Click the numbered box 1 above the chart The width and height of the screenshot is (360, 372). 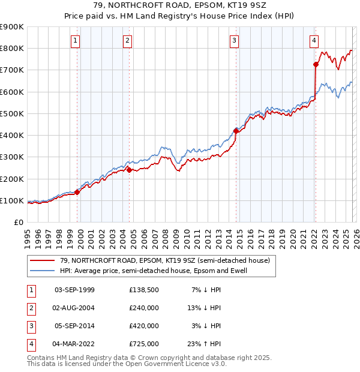tap(76, 41)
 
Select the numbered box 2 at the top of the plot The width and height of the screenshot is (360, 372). tap(128, 41)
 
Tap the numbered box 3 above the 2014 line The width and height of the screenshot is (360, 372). tap(234, 41)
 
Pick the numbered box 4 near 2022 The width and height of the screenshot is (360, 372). tap(314, 41)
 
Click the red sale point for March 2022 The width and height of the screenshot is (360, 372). tap(316, 64)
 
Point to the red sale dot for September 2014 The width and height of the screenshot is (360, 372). tap(236, 130)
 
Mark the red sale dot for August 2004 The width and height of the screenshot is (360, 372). tap(129, 170)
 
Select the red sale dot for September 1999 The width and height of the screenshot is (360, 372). tap(77, 192)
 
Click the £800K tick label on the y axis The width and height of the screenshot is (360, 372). tap(12, 49)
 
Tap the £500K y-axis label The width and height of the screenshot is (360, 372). tap(12, 113)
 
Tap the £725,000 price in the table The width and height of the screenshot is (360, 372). tap(144, 344)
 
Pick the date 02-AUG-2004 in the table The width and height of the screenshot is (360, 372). tap(74, 308)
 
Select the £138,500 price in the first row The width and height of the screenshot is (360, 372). tap(144, 290)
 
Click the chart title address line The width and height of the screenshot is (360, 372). tap(179, 6)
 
